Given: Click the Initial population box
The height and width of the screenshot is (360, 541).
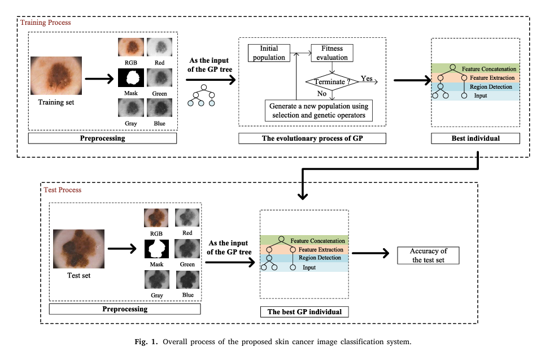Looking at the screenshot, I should pos(269,53).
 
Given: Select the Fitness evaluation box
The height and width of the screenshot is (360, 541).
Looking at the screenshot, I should pos(331,53).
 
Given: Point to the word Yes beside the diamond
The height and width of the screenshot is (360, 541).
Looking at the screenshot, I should pos(367,79).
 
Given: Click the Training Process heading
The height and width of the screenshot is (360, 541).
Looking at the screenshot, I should pos(46,23).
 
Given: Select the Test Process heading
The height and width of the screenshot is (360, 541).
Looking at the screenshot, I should pos(63,190).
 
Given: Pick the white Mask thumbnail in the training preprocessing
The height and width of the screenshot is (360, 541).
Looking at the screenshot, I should pos(131,77).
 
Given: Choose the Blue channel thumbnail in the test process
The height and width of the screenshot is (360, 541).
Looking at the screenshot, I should pos(187,280).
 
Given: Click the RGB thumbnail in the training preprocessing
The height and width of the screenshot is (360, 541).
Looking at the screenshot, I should pos(131,47).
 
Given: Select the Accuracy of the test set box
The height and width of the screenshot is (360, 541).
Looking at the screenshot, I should pos(428,255).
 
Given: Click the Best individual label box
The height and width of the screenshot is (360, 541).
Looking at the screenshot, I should pos(475,138).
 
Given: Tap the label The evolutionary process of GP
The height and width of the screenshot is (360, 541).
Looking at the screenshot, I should pos(312,138).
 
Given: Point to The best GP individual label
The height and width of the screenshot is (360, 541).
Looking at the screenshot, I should pos(304,312).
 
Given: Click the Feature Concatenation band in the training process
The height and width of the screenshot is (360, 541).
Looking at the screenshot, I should pos(475,68).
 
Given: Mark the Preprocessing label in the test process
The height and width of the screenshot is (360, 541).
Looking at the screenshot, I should pos(125,309).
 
